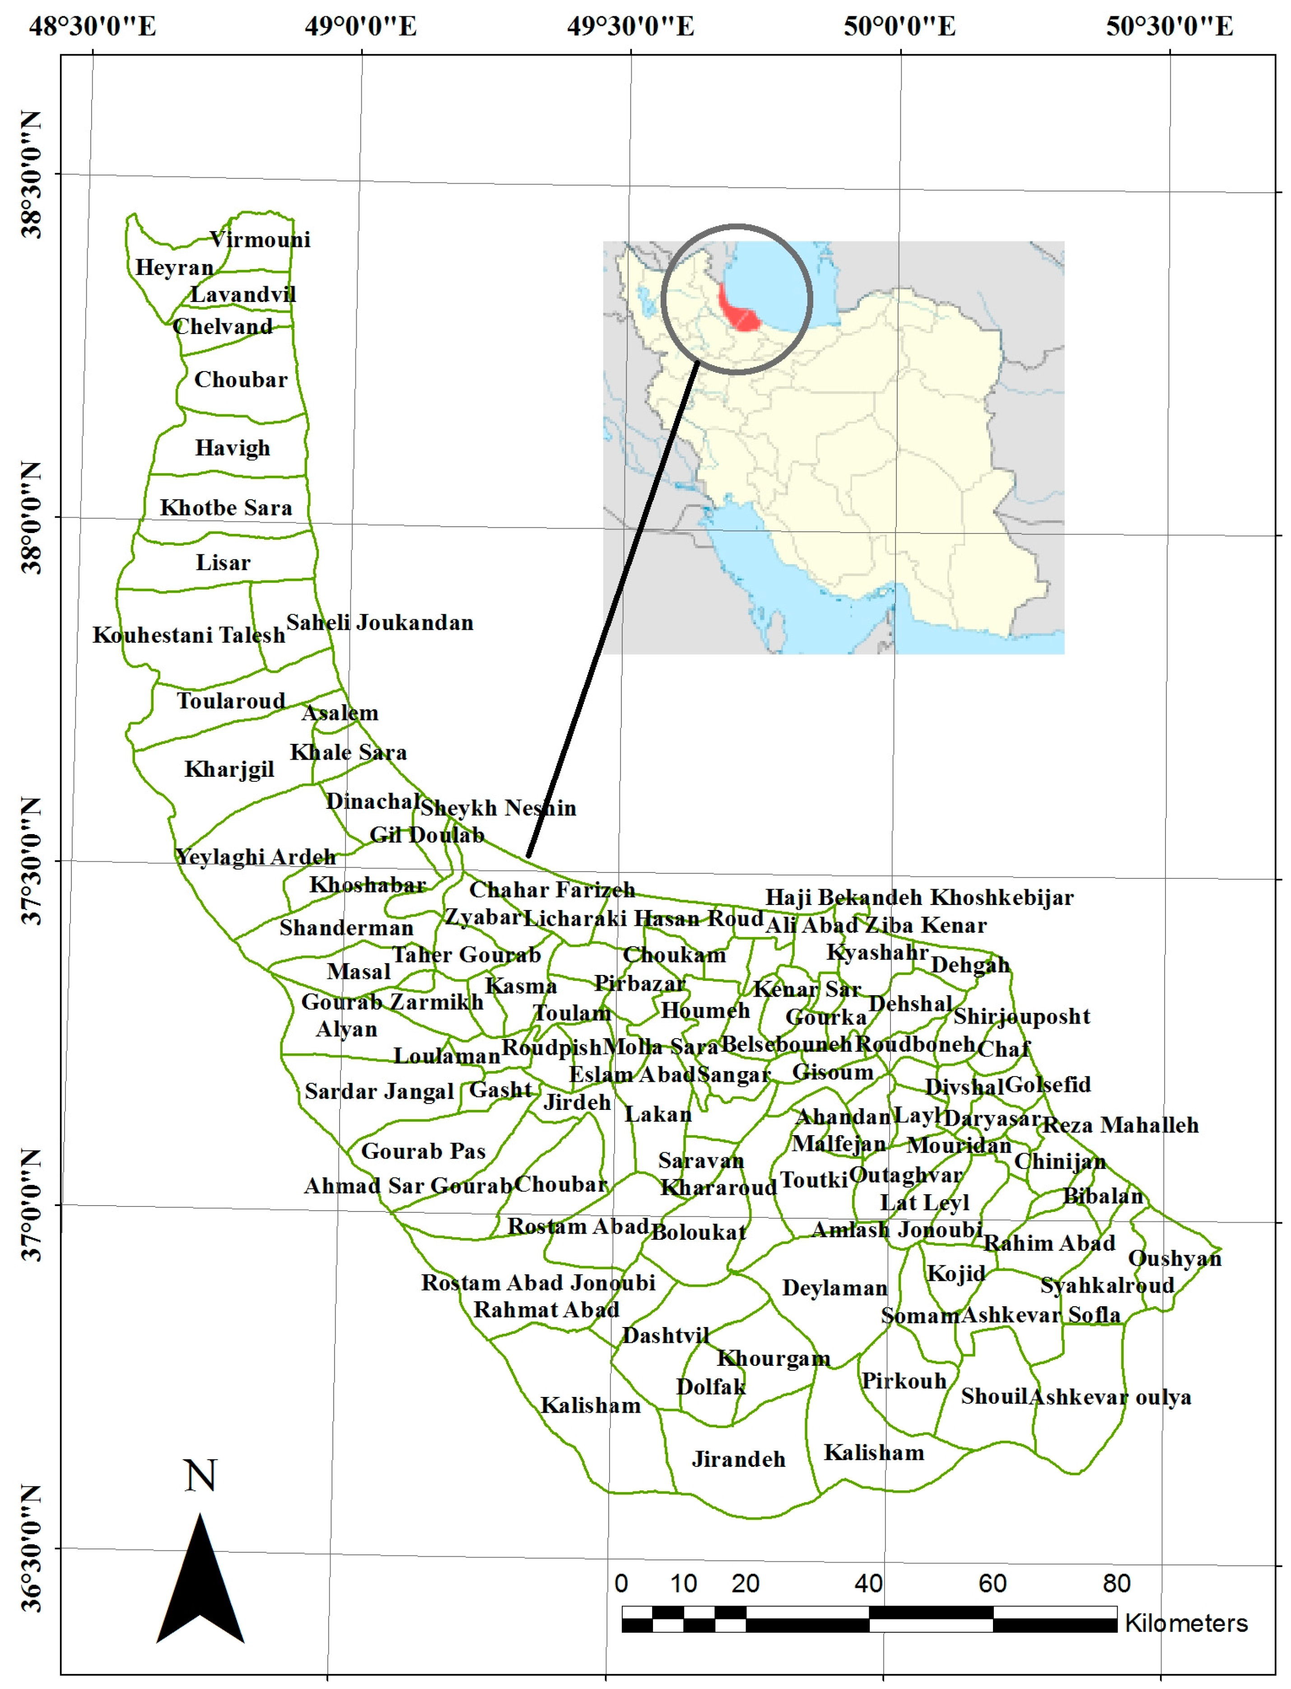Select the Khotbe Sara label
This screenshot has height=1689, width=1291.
click(x=226, y=508)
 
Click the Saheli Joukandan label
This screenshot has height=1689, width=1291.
click(x=380, y=623)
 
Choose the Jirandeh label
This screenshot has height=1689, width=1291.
click(x=738, y=1459)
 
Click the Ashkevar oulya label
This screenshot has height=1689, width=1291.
click(x=1110, y=1397)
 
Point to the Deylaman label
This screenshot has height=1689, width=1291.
click(x=834, y=1288)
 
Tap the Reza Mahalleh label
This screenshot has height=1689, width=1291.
click(x=1120, y=1125)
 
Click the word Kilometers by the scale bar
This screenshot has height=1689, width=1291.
click(x=1186, y=1623)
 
